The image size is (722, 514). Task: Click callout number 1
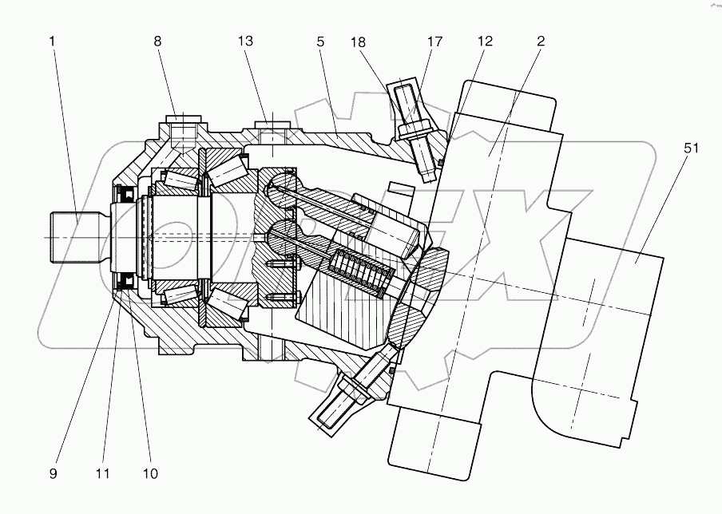click(53, 42)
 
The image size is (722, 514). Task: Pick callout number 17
click(434, 42)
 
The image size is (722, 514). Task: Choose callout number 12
click(486, 42)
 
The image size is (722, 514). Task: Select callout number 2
click(541, 42)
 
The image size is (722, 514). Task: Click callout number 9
click(54, 473)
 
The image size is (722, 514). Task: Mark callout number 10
click(149, 473)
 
